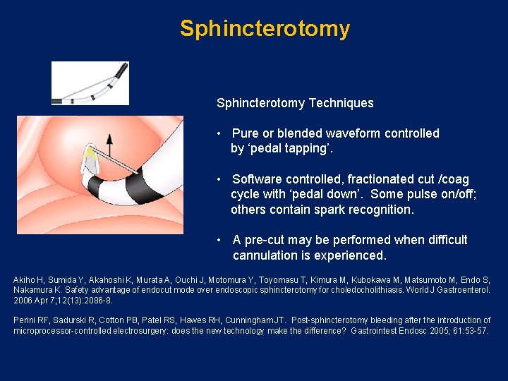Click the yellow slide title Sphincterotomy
pyautogui.click(x=265, y=29)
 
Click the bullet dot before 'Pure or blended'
pyautogui.click(x=221, y=133)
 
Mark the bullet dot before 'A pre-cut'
pyautogui.click(x=221, y=240)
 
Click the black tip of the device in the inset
pyautogui.click(x=121, y=70)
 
